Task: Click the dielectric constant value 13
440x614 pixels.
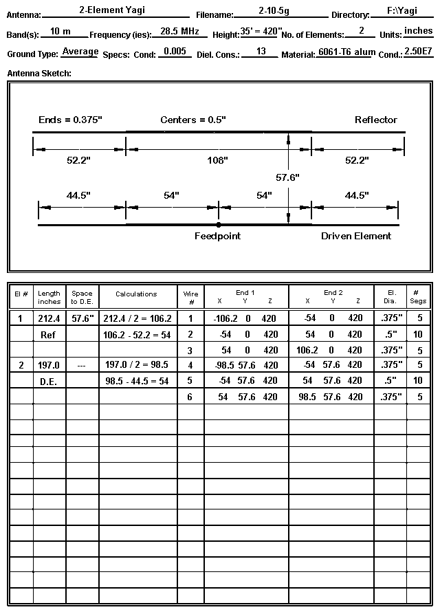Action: coord(261,52)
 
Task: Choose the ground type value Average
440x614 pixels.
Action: coord(80,52)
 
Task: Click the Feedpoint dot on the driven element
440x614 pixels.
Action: coord(219,225)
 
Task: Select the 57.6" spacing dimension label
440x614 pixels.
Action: coord(287,177)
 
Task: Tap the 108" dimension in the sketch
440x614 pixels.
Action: coord(218,160)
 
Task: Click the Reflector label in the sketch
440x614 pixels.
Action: coord(375,120)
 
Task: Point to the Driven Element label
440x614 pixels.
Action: coord(356,236)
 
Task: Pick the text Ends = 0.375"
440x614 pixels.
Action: coord(70,120)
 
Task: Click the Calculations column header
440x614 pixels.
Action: coord(136,294)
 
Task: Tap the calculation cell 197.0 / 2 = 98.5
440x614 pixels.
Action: coord(137,365)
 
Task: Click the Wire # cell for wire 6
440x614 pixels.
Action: coord(190,397)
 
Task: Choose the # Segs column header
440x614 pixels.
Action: coord(417,297)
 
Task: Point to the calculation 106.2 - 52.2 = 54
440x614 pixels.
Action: coord(137,334)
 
